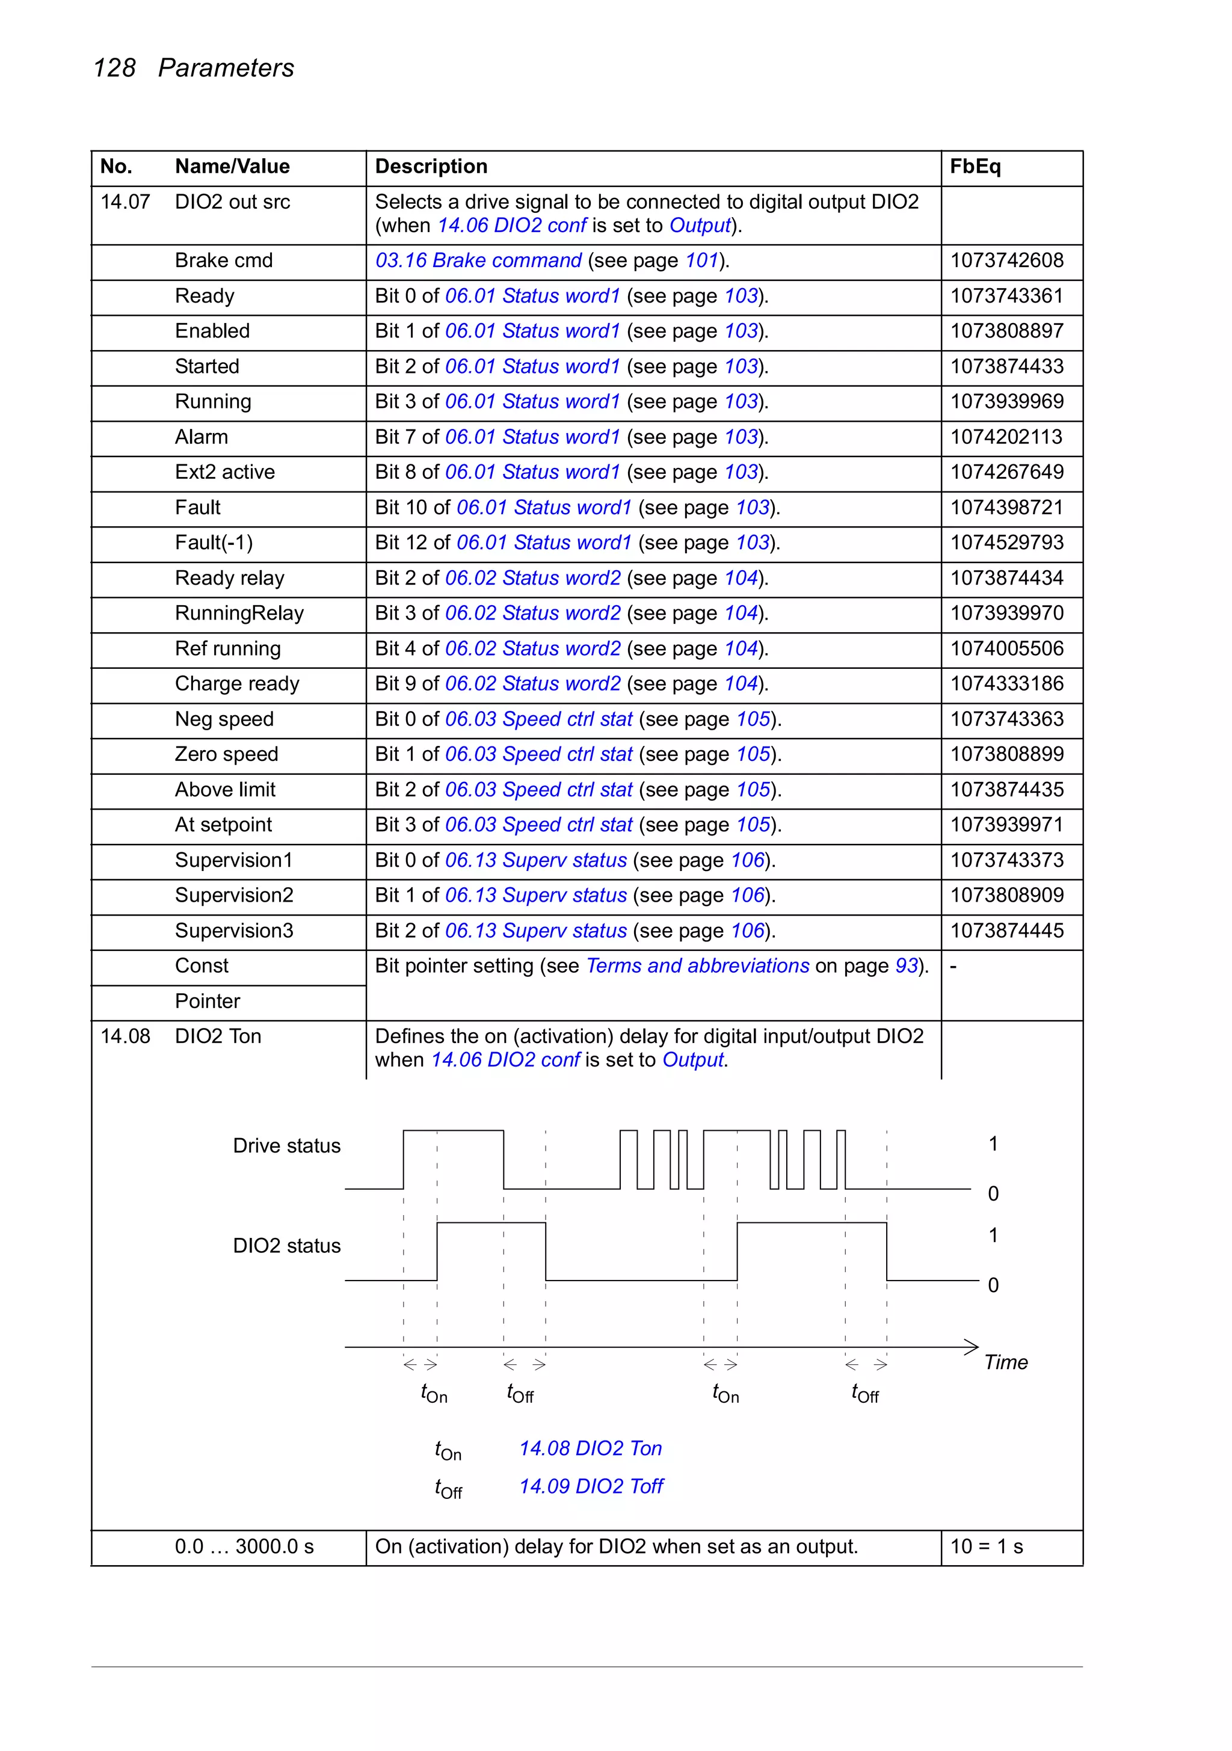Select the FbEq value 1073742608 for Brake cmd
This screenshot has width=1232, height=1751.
click(x=1006, y=261)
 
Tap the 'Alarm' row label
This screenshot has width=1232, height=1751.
click(x=202, y=437)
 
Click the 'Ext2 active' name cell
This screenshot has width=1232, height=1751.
click(x=224, y=472)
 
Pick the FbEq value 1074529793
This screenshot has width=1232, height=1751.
click(x=1006, y=543)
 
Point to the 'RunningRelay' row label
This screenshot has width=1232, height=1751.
click(x=239, y=613)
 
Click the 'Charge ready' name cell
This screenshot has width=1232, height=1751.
click(x=236, y=684)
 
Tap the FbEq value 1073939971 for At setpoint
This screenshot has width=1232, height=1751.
click(x=1006, y=825)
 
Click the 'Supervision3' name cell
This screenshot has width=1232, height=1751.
click(x=233, y=931)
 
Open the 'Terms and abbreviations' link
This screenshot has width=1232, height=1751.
click(x=697, y=966)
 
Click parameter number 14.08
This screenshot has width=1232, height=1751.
click(x=125, y=1036)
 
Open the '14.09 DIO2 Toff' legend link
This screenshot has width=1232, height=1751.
click(x=591, y=1486)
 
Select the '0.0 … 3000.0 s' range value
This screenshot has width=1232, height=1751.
click(x=244, y=1546)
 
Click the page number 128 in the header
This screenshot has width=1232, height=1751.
click(x=114, y=68)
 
